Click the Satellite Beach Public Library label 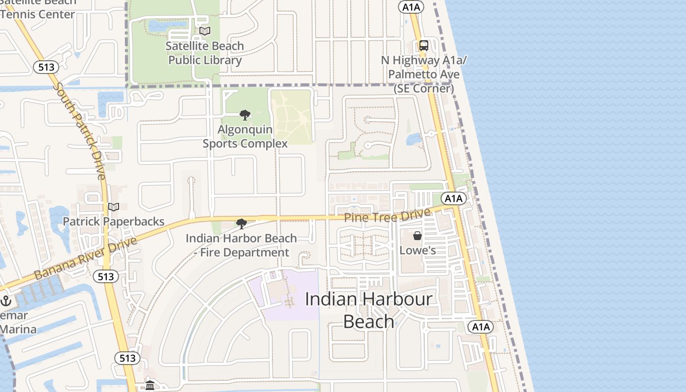pyautogui.click(x=205, y=53)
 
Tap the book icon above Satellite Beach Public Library pyautogui.click(x=205, y=31)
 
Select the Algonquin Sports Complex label pyautogui.click(x=245, y=137)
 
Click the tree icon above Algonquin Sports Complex pyautogui.click(x=245, y=115)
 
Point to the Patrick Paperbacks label pyautogui.click(x=114, y=221)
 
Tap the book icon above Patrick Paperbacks pyautogui.click(x=114, y=207)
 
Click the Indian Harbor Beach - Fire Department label pyautogui.click(x=241, y=245)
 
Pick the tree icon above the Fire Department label pyautogui.click(x=241, y=224)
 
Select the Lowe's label pyautogui.click(x=417, y=250)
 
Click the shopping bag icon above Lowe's pyautogui.click(x=417, y=236)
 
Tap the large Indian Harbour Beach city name pyautogui.click(x=368, y=310)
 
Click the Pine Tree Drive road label pyautogui.click(x=387, y=215)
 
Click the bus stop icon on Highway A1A pyautogui.click(x=424, y=46)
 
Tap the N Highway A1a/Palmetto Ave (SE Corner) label pyautogui.click(x=424, y=74)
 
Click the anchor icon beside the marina pyautogui.click(x=6, y=300)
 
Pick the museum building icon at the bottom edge pyautogui.click(x=150, y=386)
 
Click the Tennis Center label pyautogui.click(x=38, y=14)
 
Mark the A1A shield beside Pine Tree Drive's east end pyautogui.click(x=453, y=198)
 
